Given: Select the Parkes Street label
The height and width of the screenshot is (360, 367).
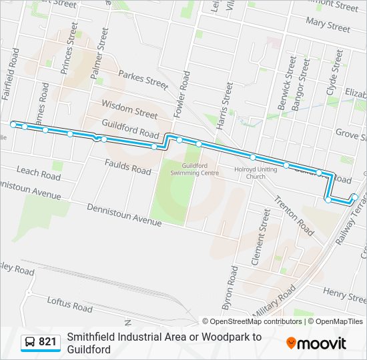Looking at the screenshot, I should point(142,79).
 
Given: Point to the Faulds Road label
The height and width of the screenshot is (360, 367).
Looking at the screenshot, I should point(128,166).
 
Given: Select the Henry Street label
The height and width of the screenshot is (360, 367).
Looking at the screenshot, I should point(345,292).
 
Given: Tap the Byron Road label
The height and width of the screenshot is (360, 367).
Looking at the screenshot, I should point(231,284).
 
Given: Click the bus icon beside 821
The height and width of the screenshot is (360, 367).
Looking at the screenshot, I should point(30,343).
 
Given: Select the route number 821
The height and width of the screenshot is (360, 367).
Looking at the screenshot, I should point(47,343).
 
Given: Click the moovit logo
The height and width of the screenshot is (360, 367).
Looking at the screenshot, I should point(316,343).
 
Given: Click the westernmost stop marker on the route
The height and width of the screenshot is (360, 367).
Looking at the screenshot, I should point(13,125).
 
